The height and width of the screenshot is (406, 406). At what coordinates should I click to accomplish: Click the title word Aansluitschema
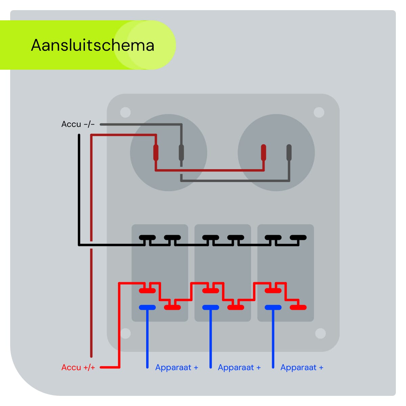pos(92,45)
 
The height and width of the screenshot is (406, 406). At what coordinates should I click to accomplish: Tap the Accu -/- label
pos(78,124)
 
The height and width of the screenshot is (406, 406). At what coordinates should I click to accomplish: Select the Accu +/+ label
pos(78,367)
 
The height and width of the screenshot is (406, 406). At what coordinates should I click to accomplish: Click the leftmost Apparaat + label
pos(177,367)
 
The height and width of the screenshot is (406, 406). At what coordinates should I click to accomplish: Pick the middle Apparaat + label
pos(239,367)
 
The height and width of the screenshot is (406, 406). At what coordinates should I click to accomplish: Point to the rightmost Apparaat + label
pos(302,367)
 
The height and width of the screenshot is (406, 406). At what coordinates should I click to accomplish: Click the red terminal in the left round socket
pos(156,153)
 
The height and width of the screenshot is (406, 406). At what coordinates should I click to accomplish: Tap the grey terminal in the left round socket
pos(181,153)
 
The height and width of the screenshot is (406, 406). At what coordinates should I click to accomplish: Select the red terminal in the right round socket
pos(264,153)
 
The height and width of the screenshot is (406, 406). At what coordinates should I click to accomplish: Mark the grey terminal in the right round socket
pos(289,153)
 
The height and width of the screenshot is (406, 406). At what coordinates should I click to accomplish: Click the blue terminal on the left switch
pos(147,308)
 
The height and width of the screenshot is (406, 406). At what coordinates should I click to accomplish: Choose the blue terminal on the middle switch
pos(210,308)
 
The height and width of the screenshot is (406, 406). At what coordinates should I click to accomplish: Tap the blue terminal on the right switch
pos(273,308)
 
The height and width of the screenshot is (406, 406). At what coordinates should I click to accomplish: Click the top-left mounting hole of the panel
pos(126,112)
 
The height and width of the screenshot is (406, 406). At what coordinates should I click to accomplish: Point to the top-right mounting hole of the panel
pos(319,112)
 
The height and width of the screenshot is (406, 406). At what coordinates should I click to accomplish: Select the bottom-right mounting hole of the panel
pos(320,334)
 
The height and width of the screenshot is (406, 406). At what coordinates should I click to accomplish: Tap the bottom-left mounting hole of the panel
pos(126,333)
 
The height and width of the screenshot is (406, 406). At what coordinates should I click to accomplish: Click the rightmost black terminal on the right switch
pos(298,238)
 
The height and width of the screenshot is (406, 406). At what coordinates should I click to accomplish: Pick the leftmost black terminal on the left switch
pos(147,238)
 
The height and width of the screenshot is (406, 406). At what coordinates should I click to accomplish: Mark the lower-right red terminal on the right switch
pos(298,308)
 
